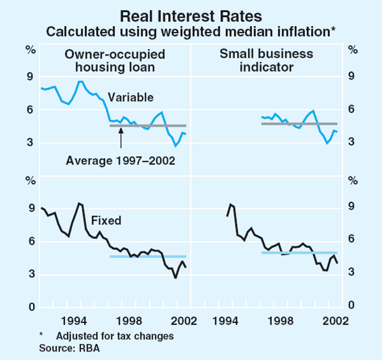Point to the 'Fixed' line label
coord(107,221)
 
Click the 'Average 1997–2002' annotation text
coord(120,161)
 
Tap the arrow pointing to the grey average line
coord(120,138)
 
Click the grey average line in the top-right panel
coord(299,123)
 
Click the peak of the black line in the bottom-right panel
coord(230,204)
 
